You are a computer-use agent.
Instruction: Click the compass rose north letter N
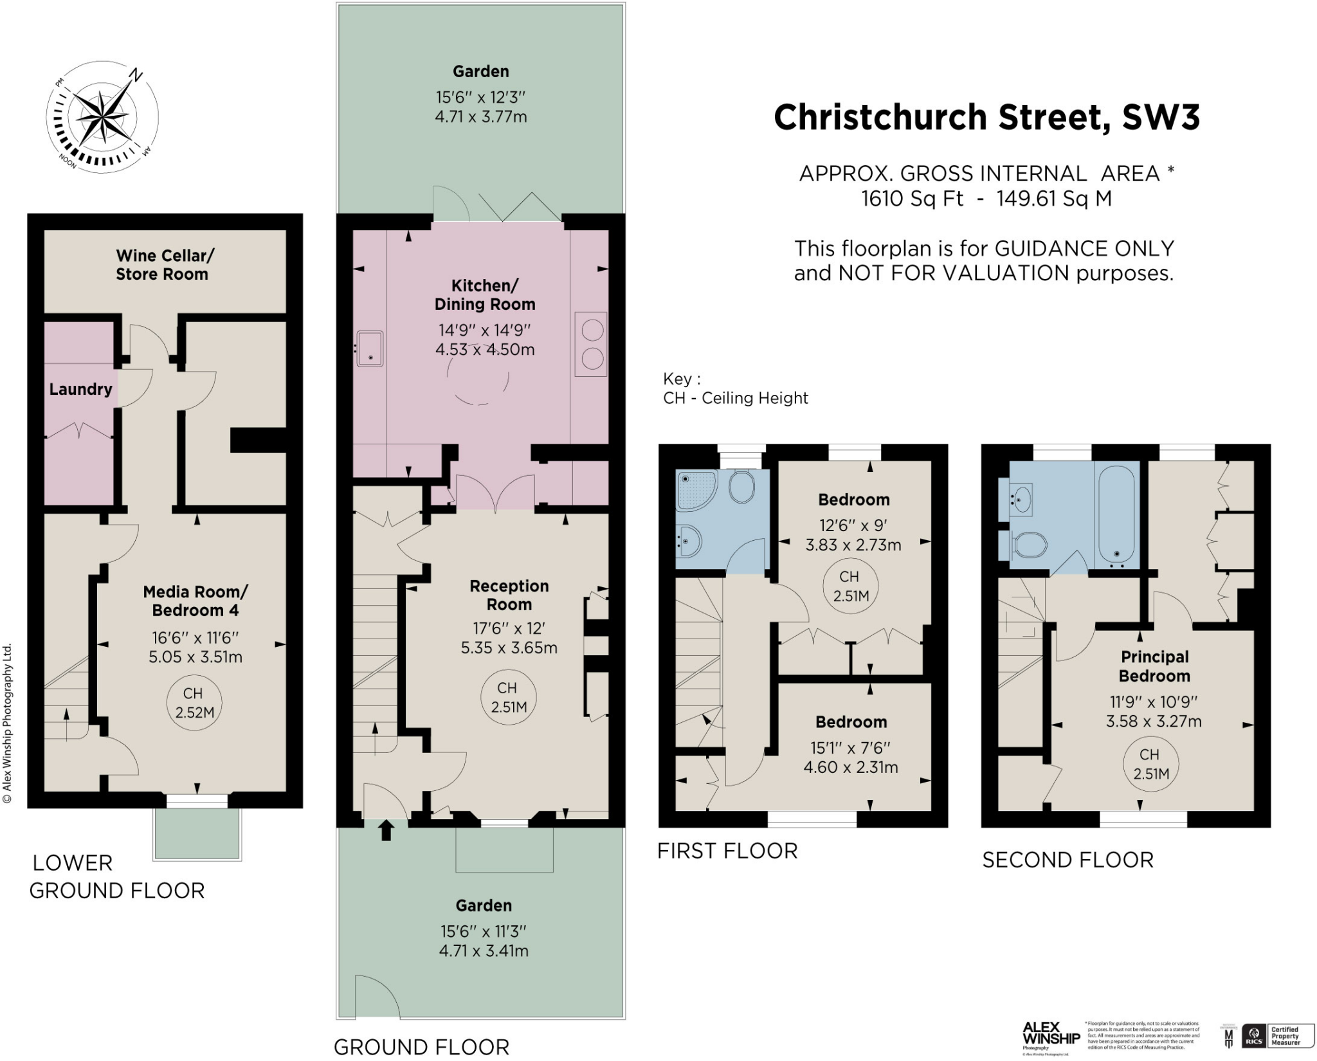135,75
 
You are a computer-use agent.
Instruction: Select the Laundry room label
80,389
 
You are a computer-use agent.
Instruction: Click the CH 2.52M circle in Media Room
194,703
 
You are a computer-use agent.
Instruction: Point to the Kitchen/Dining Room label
485,295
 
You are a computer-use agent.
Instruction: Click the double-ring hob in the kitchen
592,343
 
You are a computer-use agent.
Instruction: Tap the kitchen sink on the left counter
370,349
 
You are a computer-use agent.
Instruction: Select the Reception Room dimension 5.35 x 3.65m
509,648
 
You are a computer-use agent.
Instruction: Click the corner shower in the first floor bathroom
696,490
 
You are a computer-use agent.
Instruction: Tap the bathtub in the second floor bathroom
1116,514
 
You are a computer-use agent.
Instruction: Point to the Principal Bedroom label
1154,666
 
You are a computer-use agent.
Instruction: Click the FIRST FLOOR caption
727,851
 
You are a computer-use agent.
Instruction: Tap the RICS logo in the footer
1253,1036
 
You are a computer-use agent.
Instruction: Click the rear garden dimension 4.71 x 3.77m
481,117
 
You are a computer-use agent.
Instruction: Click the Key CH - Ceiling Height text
735,389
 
